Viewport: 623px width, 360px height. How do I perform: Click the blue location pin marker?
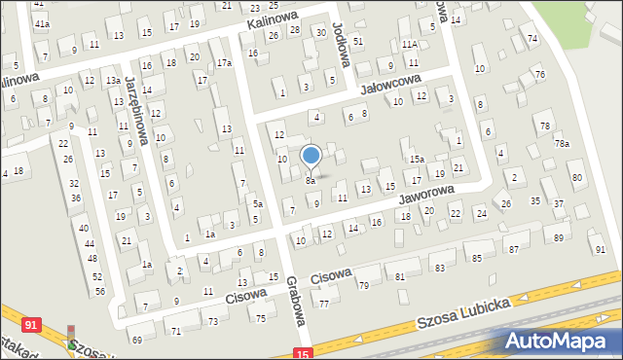click(x=311, y=156)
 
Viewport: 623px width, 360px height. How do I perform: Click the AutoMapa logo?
click(x=558, y=341)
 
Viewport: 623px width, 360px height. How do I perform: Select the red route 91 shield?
click(x=32, y=324)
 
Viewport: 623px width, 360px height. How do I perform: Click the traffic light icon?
click(x=70, y=337)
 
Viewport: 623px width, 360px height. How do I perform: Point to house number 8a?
click(x=311, y=181)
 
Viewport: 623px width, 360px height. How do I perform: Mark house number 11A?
click(x=410, y=45)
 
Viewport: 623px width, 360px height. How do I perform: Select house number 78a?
click(x=562, y=144)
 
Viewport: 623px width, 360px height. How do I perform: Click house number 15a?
click(x=417, y=159)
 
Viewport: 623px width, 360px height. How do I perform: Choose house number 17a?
click(x=224, y=63)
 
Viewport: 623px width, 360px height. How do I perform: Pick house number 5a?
click(x=258, y=203)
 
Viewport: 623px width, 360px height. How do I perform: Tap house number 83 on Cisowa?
click(x=439, y=268)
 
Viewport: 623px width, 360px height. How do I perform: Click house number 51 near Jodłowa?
click(x=358, y=41)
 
